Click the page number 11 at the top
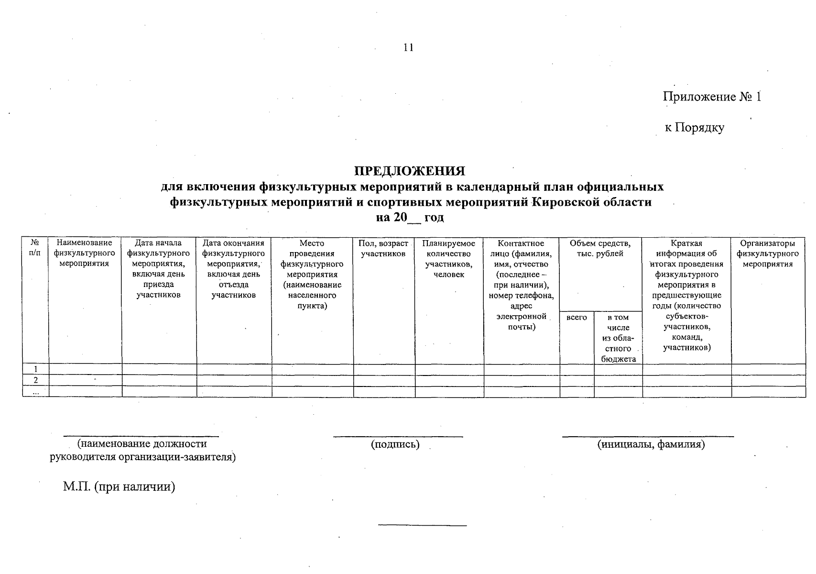pyautogui.click(x=408, y=47)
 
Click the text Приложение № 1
pyautogui.click(x=711, y=97)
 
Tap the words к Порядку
pyautogui.click(x=695, y=128)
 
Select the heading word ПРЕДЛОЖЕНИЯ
pyautogui.click(x=409, y=171)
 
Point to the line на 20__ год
pyautogui.click(x=410, y=218)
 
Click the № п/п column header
pyautogui.click(x=35, y=248)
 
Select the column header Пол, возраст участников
pyautogui.click(x=383, y=248)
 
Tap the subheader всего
pyautogui.click(x=577, y=318)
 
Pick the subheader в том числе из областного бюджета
pyautogui.click(x=618, y=338)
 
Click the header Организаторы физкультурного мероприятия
pyautogui.click(x=768, y=254)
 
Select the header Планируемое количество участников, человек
pyautogui.click(x=448, y=259)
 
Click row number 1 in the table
pyautogui.click(x=35, y=369)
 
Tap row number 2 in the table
pyautogui.click(x=35, y=380)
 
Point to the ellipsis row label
pyautogui.click(x=35, y=391)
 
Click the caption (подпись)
pyautogui.click(x=395, y=444)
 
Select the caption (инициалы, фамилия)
pyautogui.click(x=651, y=444)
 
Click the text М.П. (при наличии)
pyautogui.click(x=119, y=487)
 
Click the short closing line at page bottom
pyautogui.click(x=422, y=526)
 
